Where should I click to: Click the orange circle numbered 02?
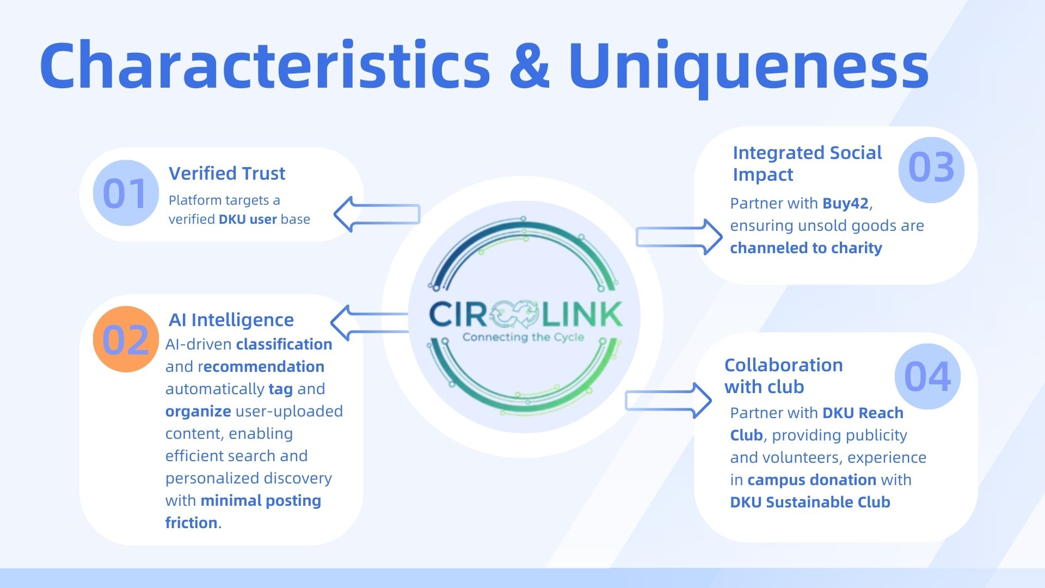coord(126,339)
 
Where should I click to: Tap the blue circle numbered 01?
coord(126,193)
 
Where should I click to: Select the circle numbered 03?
coord(931,168)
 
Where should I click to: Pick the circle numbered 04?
coord(927,376)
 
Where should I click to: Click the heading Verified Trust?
coord(227,173)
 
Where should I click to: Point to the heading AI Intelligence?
coord(231,320)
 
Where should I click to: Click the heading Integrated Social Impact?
coord(807,163)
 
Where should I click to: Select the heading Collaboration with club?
coord(783,376)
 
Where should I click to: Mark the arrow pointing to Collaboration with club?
coord(669,401)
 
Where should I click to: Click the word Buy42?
coord(845,203)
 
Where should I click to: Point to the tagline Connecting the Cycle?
coord(523,337)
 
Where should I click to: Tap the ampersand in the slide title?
coord(530,65)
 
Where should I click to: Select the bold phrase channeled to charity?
coord(806,248)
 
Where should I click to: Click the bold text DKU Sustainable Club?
coord(810,502)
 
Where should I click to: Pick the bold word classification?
coord(284,344)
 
